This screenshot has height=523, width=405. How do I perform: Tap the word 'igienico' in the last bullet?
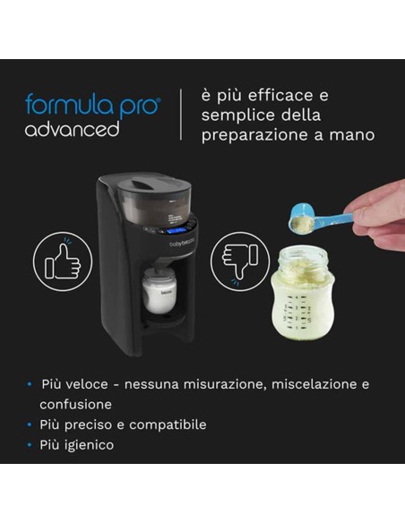coord(89,444)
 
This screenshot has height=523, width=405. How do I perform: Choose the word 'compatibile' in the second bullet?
coord(172,424)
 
